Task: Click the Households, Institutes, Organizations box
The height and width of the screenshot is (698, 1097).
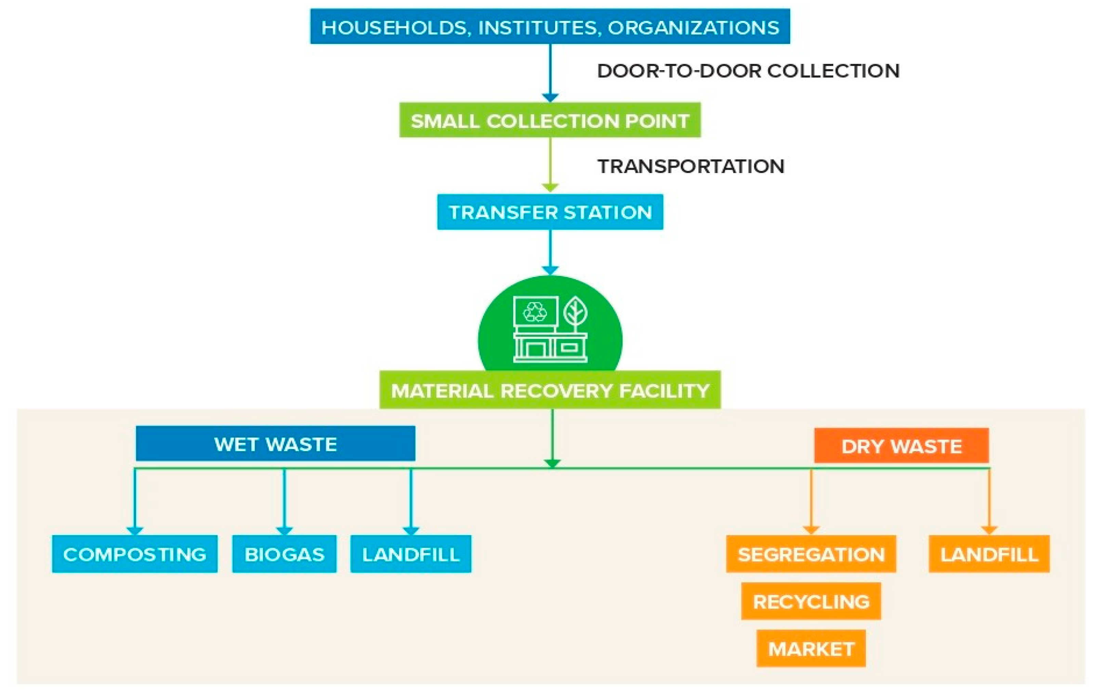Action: [x=550, y=26]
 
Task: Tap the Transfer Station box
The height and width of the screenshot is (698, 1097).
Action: [x=550, y=212]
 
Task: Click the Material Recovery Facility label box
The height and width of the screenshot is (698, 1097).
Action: [x=550, y=390]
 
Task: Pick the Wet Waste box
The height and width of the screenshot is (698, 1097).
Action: [x=275, y=443]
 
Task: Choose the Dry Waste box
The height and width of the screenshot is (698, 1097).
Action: [x=901, y=446]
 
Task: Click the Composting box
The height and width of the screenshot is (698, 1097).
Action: [x=134, y=554]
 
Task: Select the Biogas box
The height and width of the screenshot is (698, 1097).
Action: [x=284, y=554]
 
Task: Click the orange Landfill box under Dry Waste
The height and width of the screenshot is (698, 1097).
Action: [x=989, y=554]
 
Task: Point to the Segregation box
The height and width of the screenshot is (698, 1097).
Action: [x=811, y=554]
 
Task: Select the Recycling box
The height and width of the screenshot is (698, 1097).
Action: [x=811, y=601]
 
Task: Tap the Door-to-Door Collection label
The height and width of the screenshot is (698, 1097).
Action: [x=748, y=70]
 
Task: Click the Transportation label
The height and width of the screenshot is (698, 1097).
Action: [x=691, y=166]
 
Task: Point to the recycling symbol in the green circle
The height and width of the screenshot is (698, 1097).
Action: [x=535, y=312]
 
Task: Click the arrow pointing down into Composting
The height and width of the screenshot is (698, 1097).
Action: [x=134, y=501]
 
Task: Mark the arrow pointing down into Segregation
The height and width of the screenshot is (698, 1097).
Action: [x=811, y=501]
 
